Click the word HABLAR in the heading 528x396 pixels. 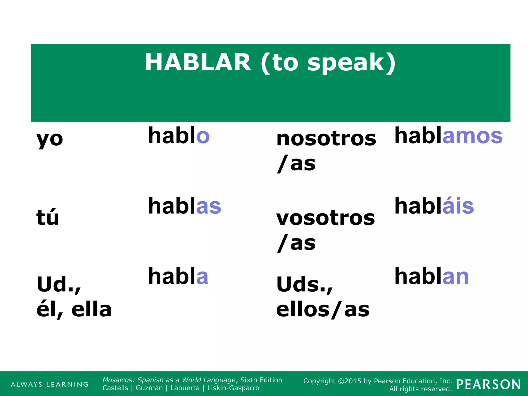pos(198,63)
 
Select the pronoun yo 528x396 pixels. pos(50,139)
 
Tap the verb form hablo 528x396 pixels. pos(179,136)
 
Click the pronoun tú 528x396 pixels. pos(48,217)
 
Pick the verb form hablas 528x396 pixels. pos(185,206)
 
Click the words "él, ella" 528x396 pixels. pos(74,309)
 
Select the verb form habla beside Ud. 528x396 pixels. pos(178,276)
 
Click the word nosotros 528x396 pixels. pos(326,139)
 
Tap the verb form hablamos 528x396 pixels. pos(448,136)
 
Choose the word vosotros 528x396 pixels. pos(325,218)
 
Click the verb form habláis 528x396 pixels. pos(434,206)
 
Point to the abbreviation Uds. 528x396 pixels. pos(304,284)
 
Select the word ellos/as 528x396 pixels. pos(323,309)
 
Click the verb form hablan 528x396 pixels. pos(432,276)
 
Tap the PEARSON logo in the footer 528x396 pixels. pos(488,384)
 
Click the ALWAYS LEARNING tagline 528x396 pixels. pos(49,384)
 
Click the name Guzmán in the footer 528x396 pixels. pos(149,388)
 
